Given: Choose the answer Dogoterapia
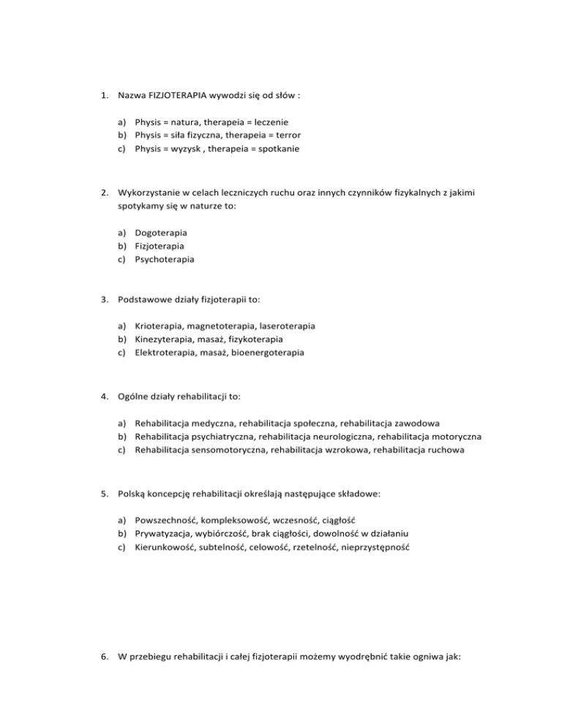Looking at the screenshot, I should point(160,232).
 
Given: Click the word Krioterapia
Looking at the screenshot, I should point(159,325).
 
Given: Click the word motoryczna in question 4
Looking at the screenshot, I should point(457,435).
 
